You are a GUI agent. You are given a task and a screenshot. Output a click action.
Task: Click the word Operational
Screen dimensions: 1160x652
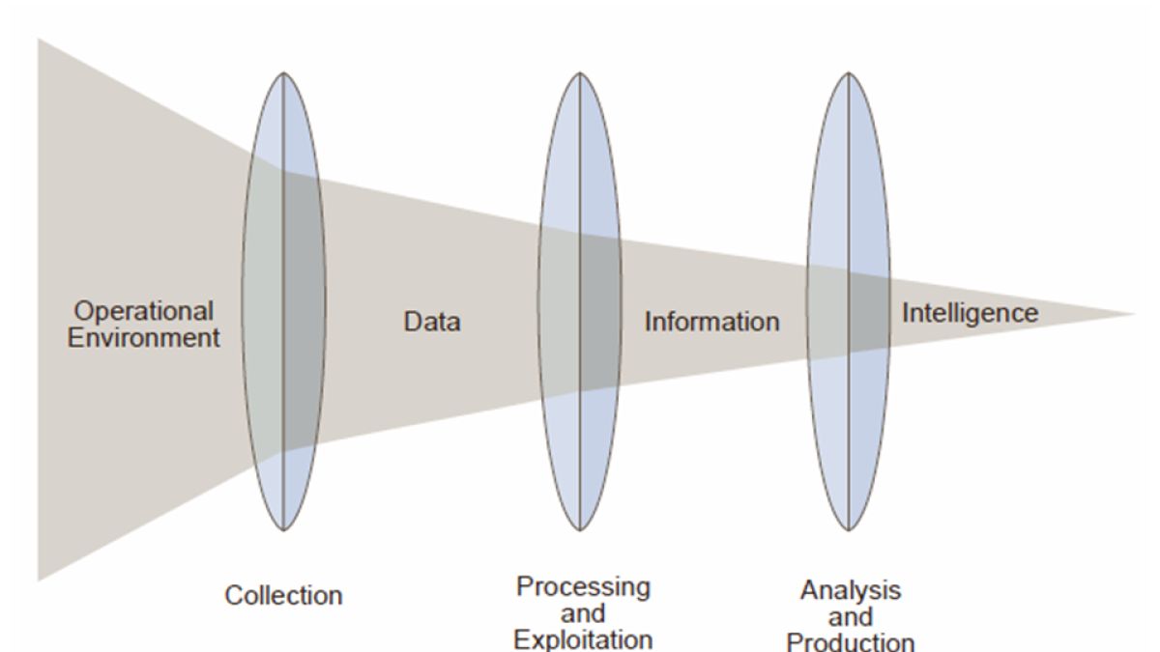tap(143, 312)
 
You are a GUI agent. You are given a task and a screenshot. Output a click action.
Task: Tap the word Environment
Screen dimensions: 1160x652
tap(143, 338)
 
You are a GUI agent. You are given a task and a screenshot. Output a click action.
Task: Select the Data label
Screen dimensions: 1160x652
tap(432, 322)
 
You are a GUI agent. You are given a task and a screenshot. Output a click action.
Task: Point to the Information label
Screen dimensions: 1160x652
tap(712, 322)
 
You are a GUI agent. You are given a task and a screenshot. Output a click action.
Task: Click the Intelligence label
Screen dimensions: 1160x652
tap(971, 314)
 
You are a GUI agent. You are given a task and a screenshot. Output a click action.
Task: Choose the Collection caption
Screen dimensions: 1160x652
tap(283, 595)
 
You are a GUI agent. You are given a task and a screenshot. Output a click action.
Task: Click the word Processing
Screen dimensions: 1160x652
tap(583, 588)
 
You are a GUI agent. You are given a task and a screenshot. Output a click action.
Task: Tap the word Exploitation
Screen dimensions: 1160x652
tap(583, 640)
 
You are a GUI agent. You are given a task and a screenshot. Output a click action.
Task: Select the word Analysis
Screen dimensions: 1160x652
tap(851, 590)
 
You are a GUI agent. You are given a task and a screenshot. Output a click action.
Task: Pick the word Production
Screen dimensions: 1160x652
tap(851, 642)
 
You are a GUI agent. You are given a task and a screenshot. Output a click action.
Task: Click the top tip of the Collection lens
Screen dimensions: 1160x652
tap(283, 73)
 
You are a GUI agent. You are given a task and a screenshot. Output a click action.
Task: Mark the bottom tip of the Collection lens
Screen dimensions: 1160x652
tap(283, 530)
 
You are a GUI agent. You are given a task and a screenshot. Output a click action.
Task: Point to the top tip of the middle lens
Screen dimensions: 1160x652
tap(580, 73)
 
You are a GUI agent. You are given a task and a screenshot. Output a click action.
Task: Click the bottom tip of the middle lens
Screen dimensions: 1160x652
tap(580, 530)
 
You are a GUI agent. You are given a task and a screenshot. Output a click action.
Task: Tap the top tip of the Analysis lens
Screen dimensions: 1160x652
tap(849, 73)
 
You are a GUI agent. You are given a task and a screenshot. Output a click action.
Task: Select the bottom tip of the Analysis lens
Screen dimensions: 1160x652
tap(849, 530)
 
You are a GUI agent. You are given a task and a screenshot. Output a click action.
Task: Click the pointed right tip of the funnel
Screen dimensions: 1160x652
tap(1135, 314)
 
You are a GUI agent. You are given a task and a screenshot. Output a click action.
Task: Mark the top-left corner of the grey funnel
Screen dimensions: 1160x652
tap(38, 39)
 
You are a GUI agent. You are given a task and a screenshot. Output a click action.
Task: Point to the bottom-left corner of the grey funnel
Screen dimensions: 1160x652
tap(38, 581)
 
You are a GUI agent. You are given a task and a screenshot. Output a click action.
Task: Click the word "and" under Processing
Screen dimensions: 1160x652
tap(583, 613)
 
